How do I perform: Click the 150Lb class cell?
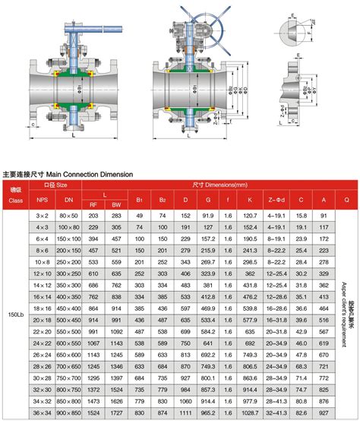tap(15, 312)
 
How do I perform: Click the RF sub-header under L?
tap(94, 204)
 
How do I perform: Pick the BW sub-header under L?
tap(116, 204)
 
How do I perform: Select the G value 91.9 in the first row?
tap(207, 216)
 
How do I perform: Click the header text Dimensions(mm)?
tap(220, 185)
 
